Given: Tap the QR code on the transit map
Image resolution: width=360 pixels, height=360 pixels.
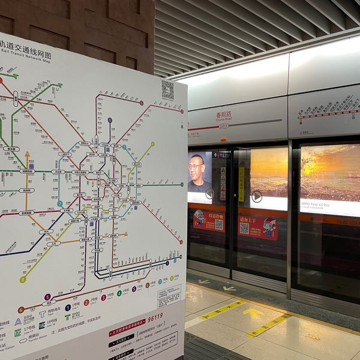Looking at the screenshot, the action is pyautogui.click(x=167, y=90).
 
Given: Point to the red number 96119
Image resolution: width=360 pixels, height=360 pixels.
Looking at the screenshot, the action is pyautogui.click(x=155, y=317).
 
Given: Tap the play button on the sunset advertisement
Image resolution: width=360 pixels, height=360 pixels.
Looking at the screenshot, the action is pyautogui.click(x=257, y=196).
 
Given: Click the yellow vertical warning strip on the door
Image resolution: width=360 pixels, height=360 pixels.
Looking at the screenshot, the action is pyautogui.click(x=241, y=184).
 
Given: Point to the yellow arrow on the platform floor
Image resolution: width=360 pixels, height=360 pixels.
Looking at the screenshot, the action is pyautogui.click(x=253, y=313).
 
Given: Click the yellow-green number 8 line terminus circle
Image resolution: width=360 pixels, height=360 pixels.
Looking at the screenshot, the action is pyautogui.click(x=23, y=280).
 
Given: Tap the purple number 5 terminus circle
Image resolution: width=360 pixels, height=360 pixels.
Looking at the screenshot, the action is pyautogui.click(x=47, y=296).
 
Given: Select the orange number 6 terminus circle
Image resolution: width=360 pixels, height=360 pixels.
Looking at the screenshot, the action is pyautogui.click(x=21, y=310).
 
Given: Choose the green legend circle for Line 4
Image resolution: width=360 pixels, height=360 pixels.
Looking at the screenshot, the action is pyautogui.click(x=119, y=293).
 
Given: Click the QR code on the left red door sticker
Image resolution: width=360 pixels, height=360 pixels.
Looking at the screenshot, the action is pyautogui.click(x=219, y=224).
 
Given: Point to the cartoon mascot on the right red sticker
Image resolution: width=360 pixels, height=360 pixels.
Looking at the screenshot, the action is pyautogui.click(x=269, y=228).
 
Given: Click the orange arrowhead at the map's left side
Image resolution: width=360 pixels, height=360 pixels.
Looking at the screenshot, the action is pyautogui.click(x=27, y=155).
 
